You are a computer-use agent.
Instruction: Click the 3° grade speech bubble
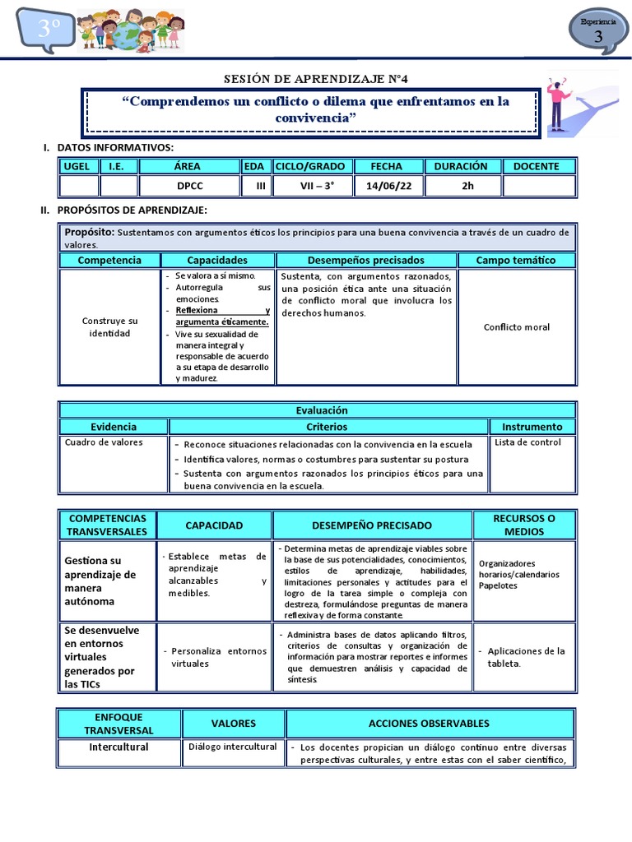45,30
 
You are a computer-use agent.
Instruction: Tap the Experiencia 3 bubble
597,32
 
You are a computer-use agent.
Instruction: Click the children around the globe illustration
129,33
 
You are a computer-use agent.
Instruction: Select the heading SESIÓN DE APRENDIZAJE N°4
316,79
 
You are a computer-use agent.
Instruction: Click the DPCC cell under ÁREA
190,186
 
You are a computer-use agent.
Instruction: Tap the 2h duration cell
467,186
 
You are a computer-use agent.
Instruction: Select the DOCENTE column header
536,166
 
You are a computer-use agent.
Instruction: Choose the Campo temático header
516,260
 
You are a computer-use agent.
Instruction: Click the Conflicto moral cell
516,327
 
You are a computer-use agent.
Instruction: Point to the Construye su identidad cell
109,326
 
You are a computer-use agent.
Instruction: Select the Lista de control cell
527,442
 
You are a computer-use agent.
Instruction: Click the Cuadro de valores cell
104,442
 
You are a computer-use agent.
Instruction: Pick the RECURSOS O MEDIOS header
524,525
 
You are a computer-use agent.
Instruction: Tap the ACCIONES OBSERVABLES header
429,724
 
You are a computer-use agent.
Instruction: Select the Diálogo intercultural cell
233,747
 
